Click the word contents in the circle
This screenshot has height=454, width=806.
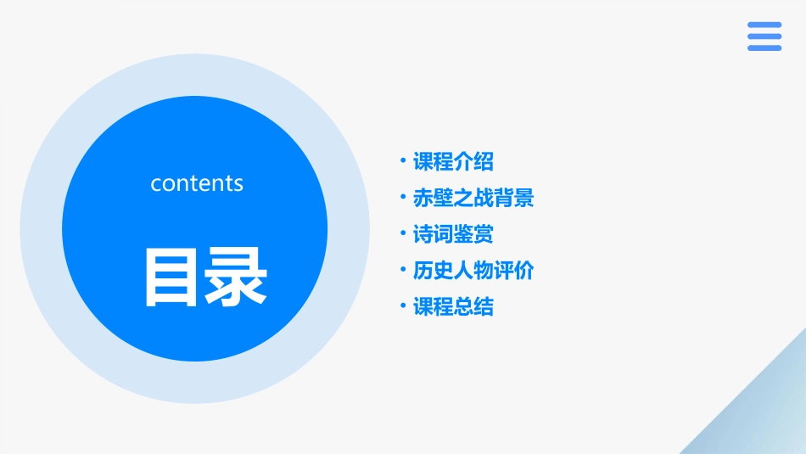pyautogui.click(x=197, y=183)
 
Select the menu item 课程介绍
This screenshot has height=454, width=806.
pyautogui.click(x=453, y=161)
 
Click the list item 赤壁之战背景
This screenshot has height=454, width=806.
pyautogui.click(x=473, y=198)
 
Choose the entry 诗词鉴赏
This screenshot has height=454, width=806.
pyautogui.click(x=453, y=234)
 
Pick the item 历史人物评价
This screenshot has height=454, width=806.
pyautogui.click(x=473, y=271)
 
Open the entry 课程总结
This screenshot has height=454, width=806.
pyautogui.click(x=453, y=306)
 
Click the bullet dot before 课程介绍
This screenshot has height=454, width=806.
pyautogui.click(x=403, y=160)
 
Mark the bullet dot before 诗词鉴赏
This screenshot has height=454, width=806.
pyautogui.click(x=403, y=233)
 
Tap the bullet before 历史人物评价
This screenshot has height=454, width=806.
pyautogui.click(x=403, y=270)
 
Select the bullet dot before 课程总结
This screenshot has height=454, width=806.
pyautogui.click(x=403, y=305)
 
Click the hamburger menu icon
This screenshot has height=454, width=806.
pyautogui.click(x=764, y=36)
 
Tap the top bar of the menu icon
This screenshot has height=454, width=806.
pyautogui.click(x=764, y=25)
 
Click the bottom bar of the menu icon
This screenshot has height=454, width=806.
pyautogui.click(x=764, y=48)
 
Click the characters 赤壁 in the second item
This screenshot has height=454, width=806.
pyautogui.click(x=433, y=198)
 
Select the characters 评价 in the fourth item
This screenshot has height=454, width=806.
pyautogui.click(x=514, y=271)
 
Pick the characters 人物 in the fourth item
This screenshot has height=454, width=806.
pyautogui.click(x=473, y=271)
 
